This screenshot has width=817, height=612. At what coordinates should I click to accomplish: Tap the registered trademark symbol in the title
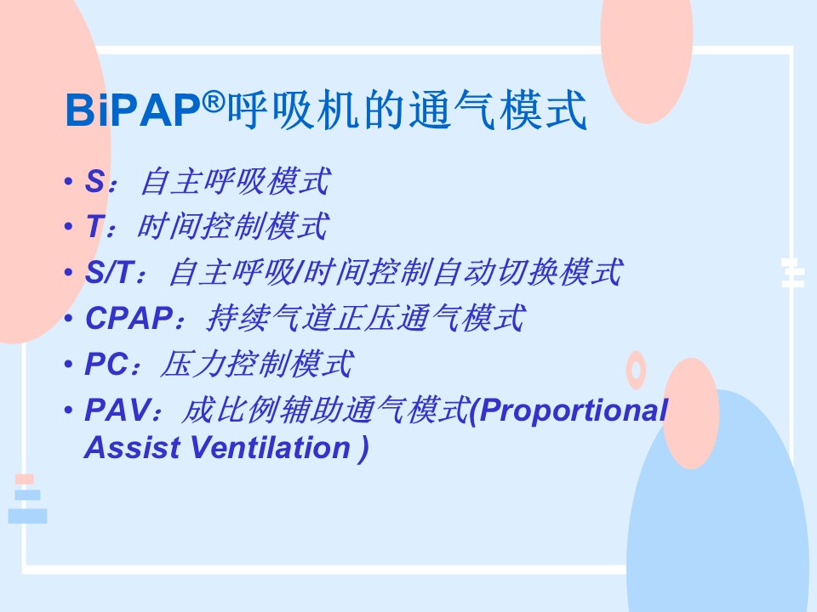coord(213,101)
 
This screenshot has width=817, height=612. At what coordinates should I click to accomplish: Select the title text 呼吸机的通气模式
coord(408,110)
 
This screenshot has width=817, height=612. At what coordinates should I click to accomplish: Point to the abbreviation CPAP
coord(129,318)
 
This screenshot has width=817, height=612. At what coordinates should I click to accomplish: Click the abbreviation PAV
coord(117,410)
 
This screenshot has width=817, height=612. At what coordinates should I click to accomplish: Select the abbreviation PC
coord(106,364)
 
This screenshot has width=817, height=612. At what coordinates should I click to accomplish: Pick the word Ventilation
coord(271,448)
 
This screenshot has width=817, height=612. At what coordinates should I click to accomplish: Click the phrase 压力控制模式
coord(257,363)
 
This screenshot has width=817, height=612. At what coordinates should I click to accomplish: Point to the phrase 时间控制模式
coord(233,226)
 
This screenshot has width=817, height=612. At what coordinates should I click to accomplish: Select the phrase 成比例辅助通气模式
coord(325,410)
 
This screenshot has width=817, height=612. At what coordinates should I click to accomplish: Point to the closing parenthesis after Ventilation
coord(363,449)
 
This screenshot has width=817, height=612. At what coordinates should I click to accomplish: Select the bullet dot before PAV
coord(68,410)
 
